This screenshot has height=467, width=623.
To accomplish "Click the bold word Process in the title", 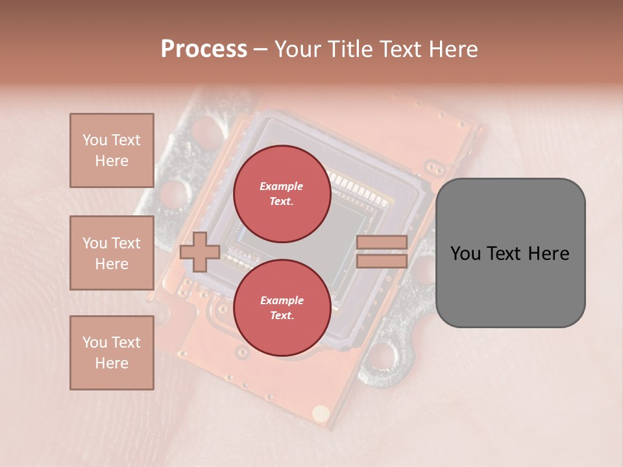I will click(x=204, y=49).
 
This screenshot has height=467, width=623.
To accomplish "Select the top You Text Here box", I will click(x=112, y=150).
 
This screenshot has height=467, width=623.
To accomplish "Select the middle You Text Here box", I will click(x=112, y=253).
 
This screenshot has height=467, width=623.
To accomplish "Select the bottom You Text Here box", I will click(x=112, y=352).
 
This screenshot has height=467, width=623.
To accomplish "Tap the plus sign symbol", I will click(x=199, y=252).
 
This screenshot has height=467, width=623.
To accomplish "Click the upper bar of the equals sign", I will click(x=382, y=243).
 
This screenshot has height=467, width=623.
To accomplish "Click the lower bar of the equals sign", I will click(x=382, y=261).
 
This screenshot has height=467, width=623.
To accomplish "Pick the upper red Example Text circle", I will click(x=282, y=194).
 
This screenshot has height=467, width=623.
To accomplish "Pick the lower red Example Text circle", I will click(x=282, y=308).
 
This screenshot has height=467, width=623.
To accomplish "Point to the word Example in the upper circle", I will click(x=282, y=187).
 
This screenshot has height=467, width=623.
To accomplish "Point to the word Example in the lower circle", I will click(x=282, y=300).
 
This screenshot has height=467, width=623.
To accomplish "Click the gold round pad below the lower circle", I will click(x=321, y=412).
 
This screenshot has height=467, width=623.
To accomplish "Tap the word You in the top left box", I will click(x=95, y=140).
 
